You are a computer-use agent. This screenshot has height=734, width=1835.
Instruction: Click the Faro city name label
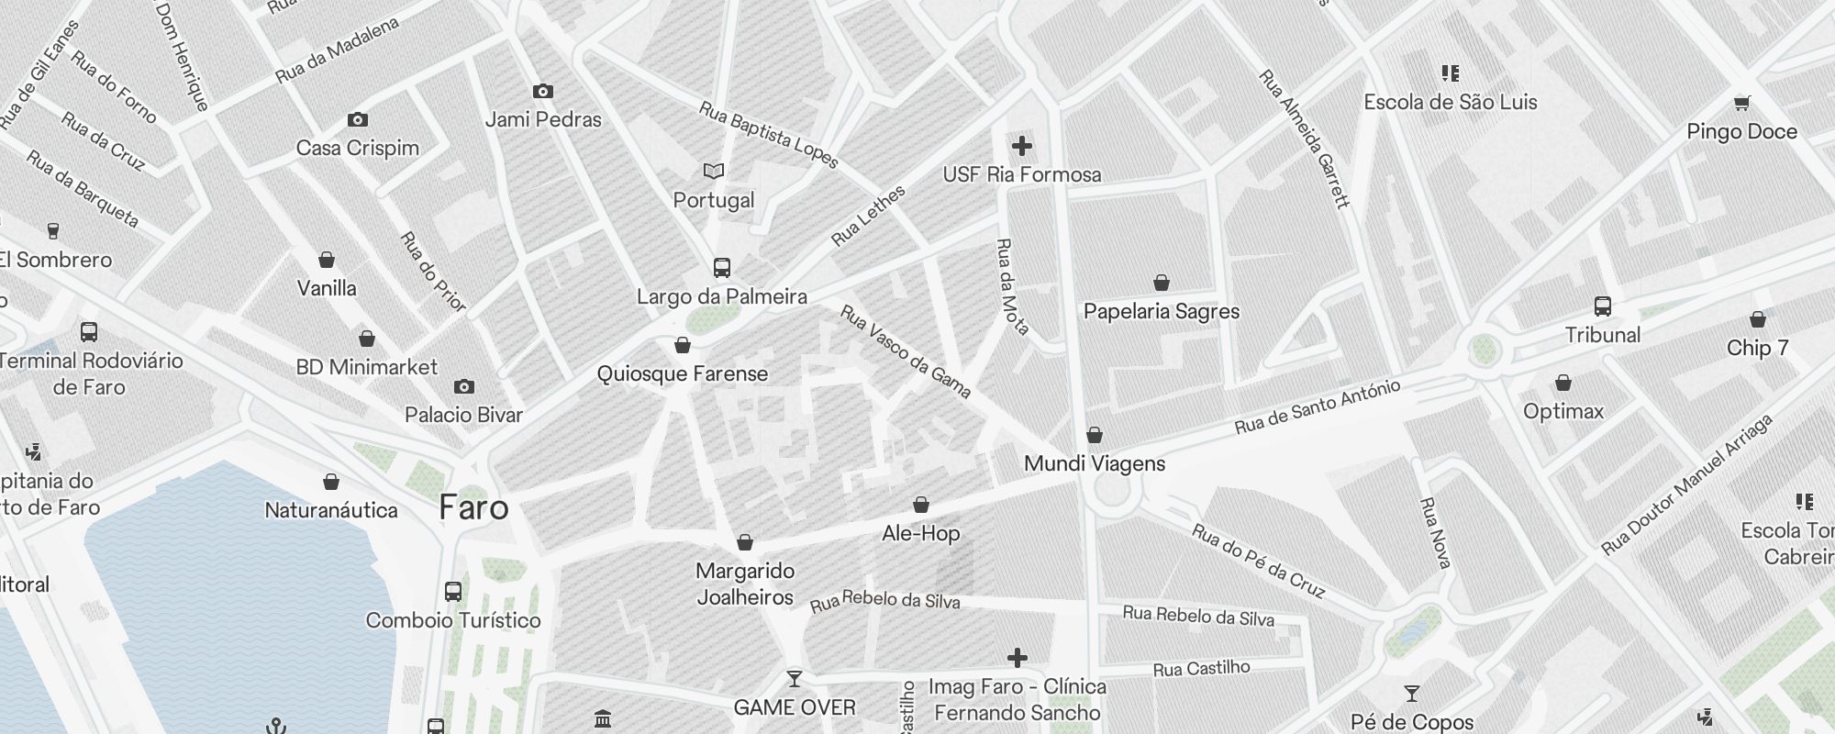click(x=473, y=507)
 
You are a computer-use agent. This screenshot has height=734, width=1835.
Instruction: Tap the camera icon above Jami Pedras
click(x=543, y=91)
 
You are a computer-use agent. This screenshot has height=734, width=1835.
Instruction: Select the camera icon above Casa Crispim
click(x=358, y=119)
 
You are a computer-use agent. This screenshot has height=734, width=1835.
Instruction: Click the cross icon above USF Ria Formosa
click(x=1021, y=146)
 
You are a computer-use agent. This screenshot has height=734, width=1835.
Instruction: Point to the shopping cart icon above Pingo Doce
click(x=1741, y=103)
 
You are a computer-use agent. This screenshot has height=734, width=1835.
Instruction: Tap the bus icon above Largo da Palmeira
click(x=722, y=268)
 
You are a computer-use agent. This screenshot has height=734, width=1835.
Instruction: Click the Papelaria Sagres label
click(x=1161, y=311)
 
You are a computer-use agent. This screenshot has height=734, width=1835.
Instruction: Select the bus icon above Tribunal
click(x=1602, y=306)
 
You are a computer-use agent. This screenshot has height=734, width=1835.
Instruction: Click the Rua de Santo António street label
click(x=1317, y=406)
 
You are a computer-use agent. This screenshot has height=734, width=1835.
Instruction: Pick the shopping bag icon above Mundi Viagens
click(x=1094, y=435)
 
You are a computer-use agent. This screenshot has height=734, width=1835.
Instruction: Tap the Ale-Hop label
click(x=920, y=533)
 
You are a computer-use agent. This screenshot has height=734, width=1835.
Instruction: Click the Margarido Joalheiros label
click(x=744, y=584)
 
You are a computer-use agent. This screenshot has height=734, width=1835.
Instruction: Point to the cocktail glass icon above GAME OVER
click(x=795, y=679)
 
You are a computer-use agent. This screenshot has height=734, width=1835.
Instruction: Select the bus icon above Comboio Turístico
click(x=453, y=592)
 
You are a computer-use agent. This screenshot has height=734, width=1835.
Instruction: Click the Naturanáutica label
click(x=330, y=510)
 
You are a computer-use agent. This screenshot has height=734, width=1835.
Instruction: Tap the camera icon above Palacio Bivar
click(x=464, y=386)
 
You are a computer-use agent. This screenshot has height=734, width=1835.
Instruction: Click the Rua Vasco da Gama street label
click(x=905, y=351)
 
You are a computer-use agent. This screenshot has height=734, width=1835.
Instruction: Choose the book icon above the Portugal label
click(x=713, y=172)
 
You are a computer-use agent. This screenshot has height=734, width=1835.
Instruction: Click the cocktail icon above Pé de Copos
click(x=1411, y=694)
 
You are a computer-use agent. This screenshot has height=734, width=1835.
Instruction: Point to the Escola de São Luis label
click(x=1450, y=102)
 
